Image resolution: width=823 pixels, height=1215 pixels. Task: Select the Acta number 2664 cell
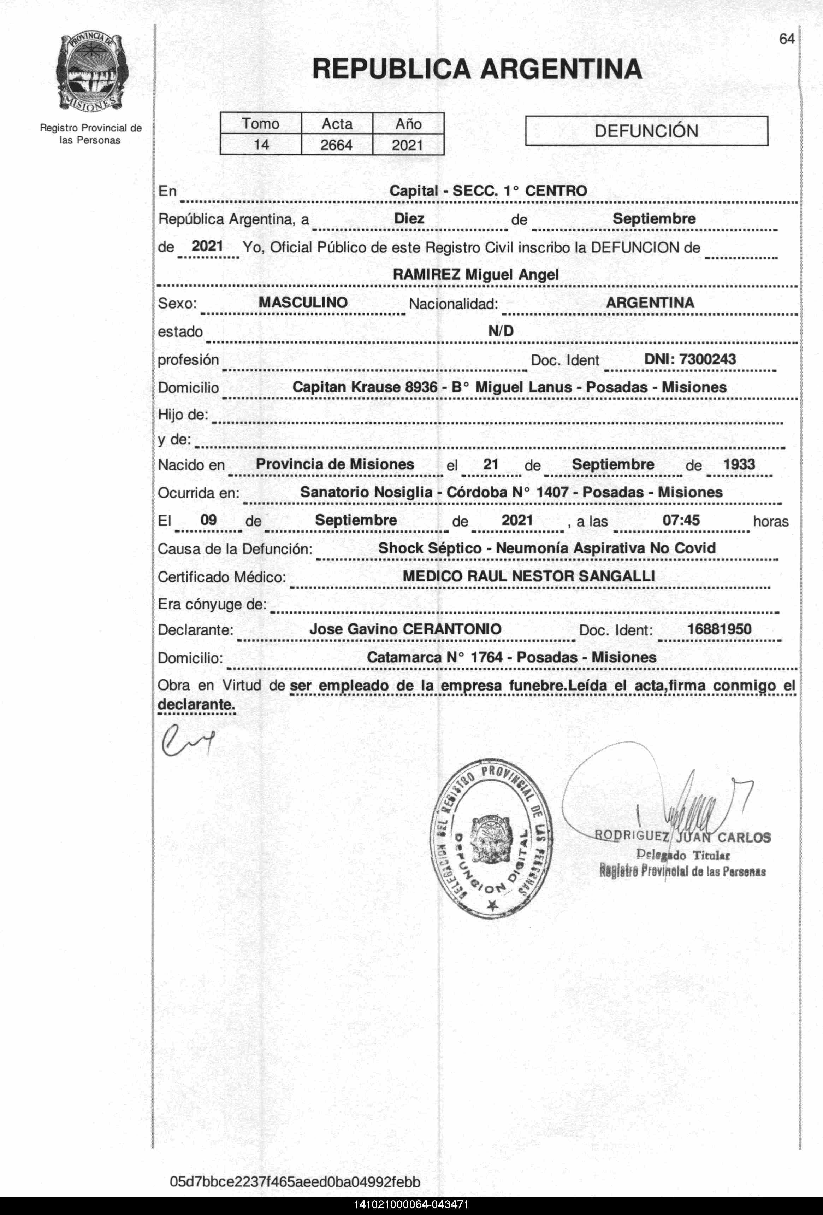337,145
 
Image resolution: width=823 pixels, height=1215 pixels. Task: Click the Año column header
408,124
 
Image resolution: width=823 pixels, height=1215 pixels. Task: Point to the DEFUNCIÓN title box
646,131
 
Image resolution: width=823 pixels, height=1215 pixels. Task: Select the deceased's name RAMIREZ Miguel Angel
475,275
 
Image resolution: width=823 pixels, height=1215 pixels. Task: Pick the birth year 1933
739,464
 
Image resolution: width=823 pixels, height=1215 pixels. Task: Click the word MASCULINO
303,302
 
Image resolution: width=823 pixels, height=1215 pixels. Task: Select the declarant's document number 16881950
719,629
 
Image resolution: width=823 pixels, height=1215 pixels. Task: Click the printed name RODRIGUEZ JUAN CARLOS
682,837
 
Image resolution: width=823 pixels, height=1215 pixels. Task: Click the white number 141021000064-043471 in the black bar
411,1205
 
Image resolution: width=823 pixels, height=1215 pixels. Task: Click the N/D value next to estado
501,331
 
